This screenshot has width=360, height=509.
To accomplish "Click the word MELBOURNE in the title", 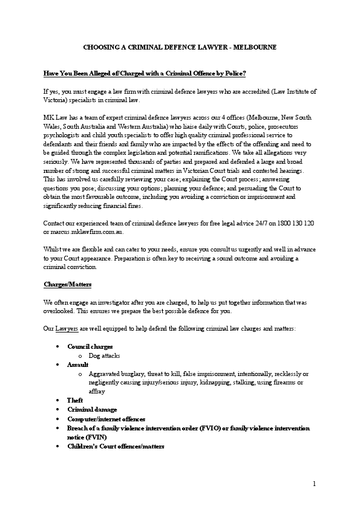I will point(255,47).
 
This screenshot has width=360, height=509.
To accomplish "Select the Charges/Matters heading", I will point(67,284).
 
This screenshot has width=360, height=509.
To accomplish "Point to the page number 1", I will point(315,484).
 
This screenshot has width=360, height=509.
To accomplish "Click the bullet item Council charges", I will point(90,348).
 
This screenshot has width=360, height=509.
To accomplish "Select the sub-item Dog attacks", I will point(105,356).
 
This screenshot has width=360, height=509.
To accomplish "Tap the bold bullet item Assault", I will point(78,365).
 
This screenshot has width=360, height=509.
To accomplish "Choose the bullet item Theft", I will point(76,400).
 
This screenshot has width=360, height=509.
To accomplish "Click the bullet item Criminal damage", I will point(92,409).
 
